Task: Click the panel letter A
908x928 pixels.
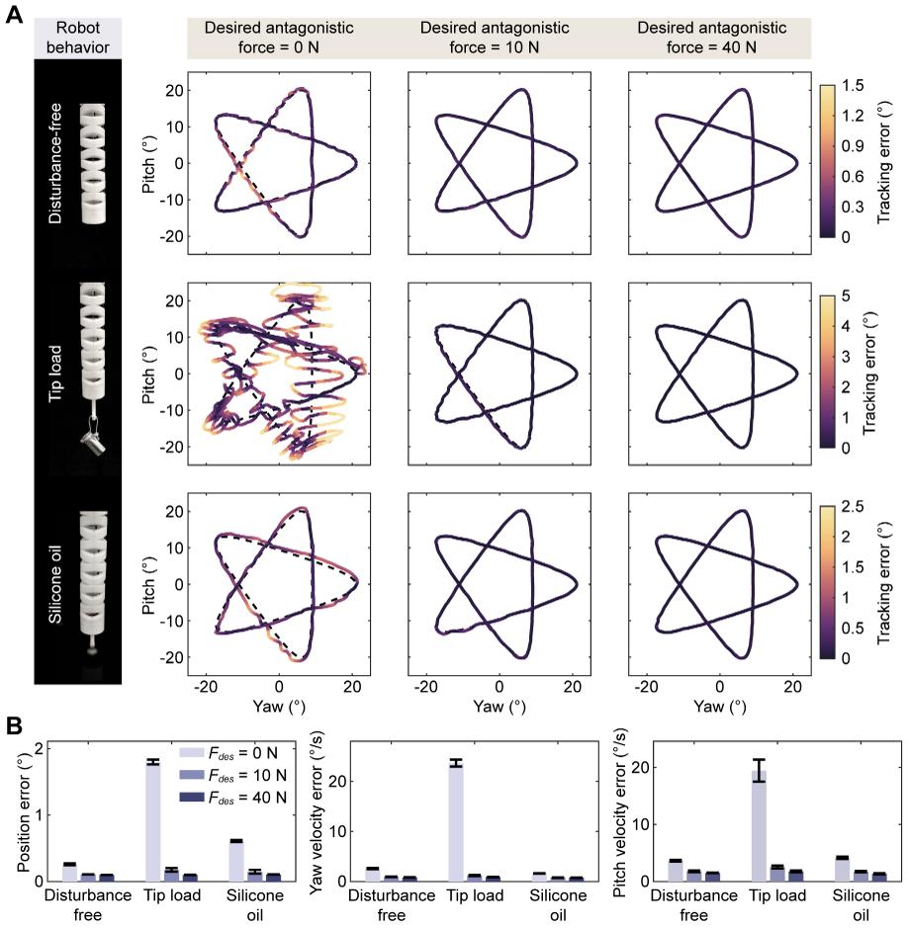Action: pyautogui.click(x=14, y=14)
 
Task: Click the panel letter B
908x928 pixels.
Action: pyautogui.click(x=14, y=725)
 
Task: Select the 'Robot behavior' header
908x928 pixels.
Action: pyautogui.click(x=77, y=38)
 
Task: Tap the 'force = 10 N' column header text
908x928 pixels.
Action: pyautogui.click(x=494, y=46)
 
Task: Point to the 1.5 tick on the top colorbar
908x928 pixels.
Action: pyautogui.click(x=853, y=85)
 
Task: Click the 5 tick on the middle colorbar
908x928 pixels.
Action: pyautogui.click(x=846, y=295)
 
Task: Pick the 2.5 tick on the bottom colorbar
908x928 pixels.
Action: pyautogui.click(x=853, y=506)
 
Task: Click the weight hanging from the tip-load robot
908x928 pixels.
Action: pyautogui.click(x=95, y=441)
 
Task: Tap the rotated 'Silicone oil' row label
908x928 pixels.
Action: pyautogui.click(x=54, y=584)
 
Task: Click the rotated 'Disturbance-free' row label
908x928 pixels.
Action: pyautogui.click(x=54, y=163)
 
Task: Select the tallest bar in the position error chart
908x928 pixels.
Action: pyautogui.click(x=152, y=821)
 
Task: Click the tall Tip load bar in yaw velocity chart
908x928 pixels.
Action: pyautogui.click(x=456, y=822)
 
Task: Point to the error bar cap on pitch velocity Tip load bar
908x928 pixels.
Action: pyautogui.click(x=759, y=759)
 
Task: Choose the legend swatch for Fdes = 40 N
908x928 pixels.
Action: pyautogui.click(x=191, y=798)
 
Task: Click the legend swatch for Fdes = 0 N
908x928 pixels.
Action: pyautogui.click(x=191, y=752)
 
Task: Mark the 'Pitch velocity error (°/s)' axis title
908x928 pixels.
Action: pyautogui.click(x=619, y=812)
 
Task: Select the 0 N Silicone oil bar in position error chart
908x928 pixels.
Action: pyautogui.click(x=236, y=861)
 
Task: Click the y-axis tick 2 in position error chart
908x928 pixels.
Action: pyautogui.click(x=40, y=749)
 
